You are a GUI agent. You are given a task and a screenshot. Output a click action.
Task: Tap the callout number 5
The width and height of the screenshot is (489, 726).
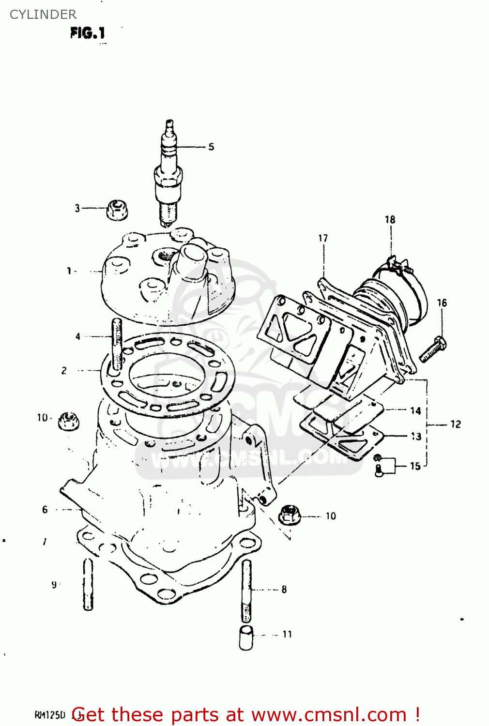point(211,147)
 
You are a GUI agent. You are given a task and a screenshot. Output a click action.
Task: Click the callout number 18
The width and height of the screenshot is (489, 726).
point(390,220)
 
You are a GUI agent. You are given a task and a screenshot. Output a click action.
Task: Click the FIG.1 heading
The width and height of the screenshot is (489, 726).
point(88,33)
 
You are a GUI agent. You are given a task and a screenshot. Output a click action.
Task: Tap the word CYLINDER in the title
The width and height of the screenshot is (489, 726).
point(43,15)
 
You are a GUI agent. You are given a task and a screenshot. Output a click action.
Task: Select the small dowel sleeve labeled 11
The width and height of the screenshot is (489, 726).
point(246,638)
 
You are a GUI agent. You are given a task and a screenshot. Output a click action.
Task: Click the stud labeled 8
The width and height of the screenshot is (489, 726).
point(246,590)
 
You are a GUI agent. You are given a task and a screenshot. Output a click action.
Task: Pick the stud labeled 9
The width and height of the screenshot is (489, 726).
point(88,584)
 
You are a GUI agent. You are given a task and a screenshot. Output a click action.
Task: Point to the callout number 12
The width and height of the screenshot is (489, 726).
point(455,424)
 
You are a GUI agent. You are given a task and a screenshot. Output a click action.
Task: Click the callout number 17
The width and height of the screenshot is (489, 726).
point(323,238)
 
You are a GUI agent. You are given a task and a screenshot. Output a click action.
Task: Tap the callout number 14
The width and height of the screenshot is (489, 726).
point(415,411)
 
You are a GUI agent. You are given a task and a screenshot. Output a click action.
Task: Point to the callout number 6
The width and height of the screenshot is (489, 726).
point(45,509)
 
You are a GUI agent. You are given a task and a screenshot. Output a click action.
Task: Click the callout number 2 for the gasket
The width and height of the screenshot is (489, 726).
point(64,371)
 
